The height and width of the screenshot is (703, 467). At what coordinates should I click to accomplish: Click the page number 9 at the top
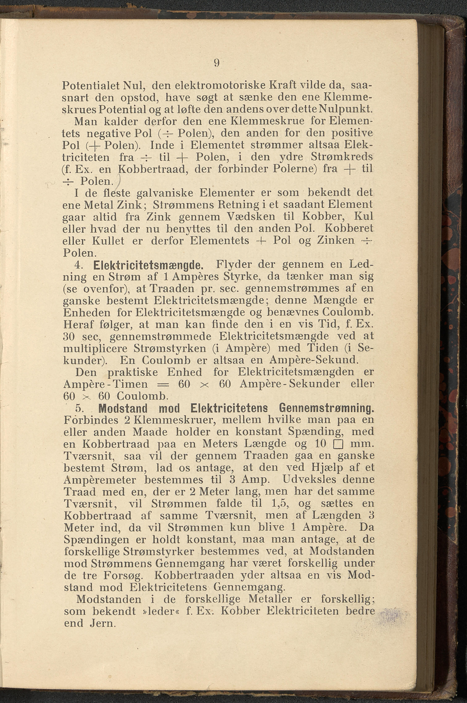[217, 63]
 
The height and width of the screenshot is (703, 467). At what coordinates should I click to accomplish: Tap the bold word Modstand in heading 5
[123, 408]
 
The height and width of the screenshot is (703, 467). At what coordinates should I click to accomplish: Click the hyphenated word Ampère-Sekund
[313, 360]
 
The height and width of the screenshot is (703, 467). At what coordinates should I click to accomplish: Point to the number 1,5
[280, 503]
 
